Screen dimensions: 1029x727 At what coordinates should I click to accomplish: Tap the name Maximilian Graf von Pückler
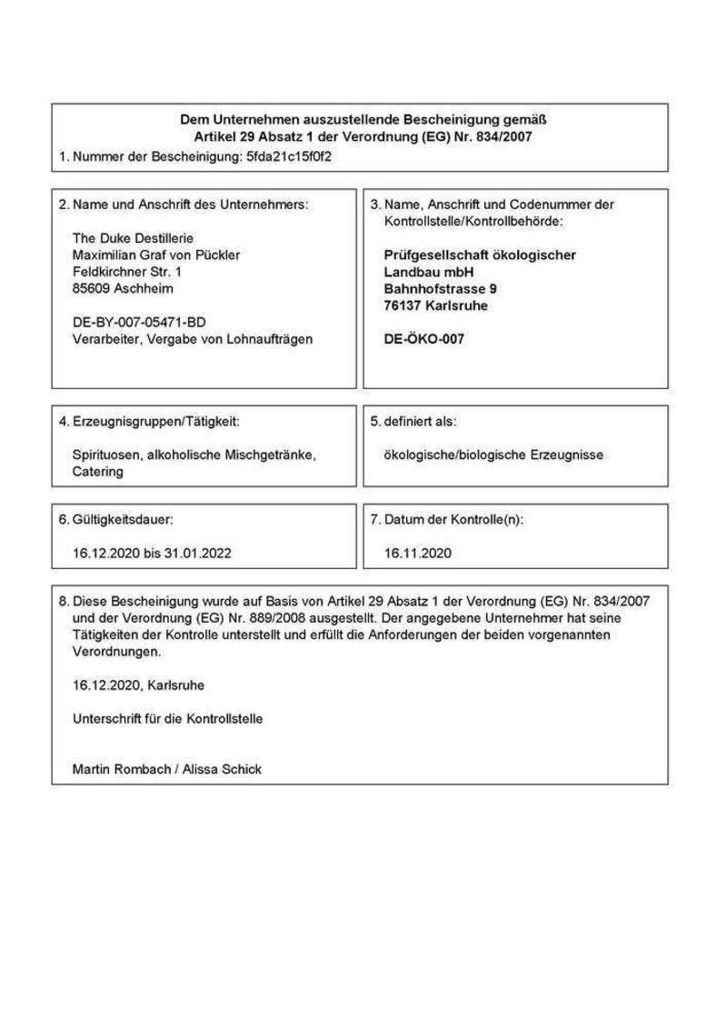tap(155, 255)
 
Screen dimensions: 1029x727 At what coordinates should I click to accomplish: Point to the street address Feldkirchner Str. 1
tap(126, 272)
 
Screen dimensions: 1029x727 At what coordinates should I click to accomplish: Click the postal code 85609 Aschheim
tap(123, 288)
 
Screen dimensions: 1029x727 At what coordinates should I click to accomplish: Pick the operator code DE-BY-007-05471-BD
tap(139, 322)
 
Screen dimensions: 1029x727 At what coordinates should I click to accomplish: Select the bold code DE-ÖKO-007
tap(424, 338)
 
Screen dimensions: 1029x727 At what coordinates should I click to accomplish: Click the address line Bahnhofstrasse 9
tap(441, 288)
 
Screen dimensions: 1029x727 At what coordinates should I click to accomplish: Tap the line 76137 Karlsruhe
tap(436, 305)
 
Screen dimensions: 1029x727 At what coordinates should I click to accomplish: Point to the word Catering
tap(97, 472)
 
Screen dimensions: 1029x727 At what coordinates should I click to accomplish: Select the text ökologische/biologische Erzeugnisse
tap(493, 455)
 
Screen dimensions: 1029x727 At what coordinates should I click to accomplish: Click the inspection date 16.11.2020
tap(417, 552)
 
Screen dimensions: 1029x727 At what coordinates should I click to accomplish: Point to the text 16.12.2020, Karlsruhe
tap(132, 684)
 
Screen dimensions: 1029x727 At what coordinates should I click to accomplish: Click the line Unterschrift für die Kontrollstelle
tap(167, 718)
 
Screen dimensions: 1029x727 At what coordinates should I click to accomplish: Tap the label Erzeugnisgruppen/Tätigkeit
tap(155, 422)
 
